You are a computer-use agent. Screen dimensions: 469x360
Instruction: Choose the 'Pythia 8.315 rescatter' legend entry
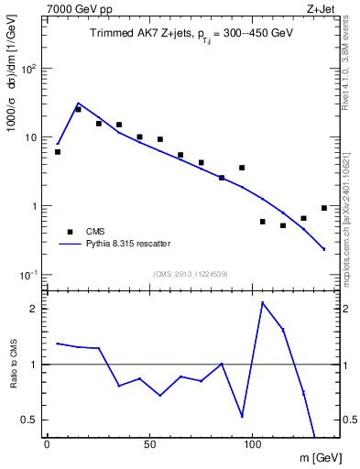click(121, 244)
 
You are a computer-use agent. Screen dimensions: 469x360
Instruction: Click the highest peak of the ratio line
click(262, 302)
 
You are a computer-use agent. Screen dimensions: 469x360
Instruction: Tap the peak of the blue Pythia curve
click(79, 104)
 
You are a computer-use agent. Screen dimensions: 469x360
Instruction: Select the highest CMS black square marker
click(79, 109)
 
